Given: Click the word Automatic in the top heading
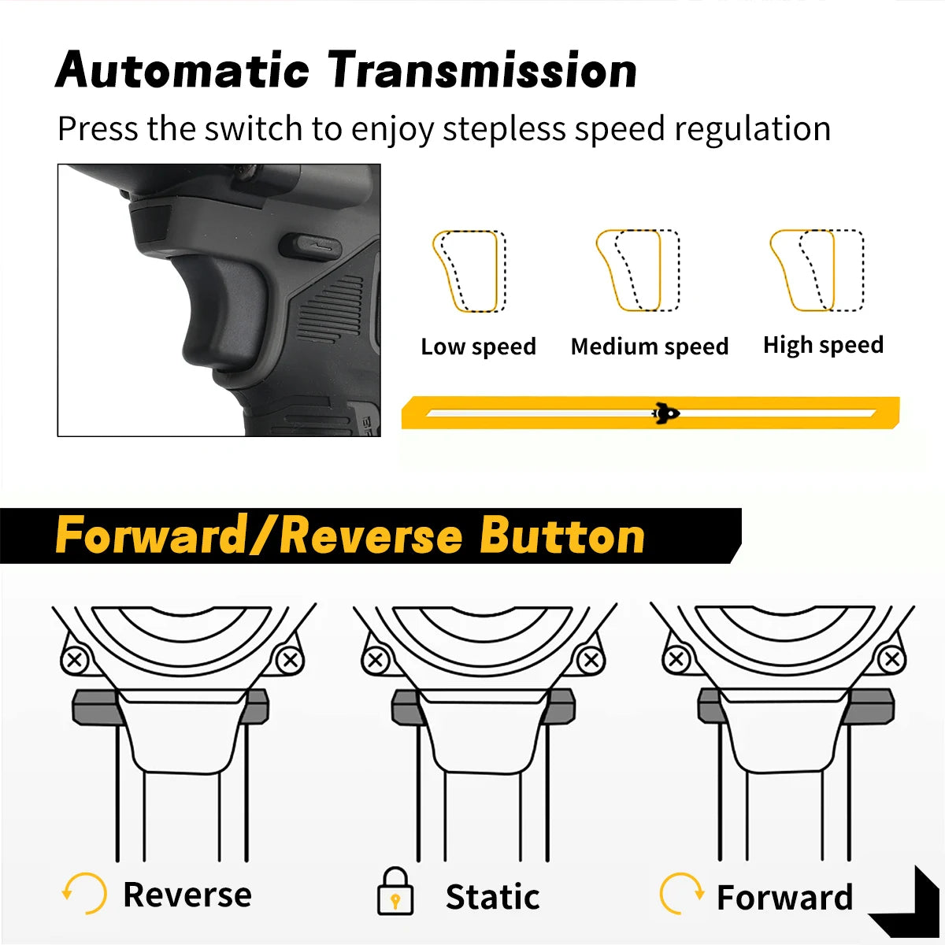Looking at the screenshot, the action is pos(183,69).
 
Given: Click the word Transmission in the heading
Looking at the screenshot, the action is pos(483,69).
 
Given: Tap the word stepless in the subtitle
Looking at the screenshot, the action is pos(504,129).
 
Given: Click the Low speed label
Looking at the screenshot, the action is pos(478,346).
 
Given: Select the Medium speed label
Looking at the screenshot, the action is pos(650,346).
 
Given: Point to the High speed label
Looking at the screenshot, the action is pos(824,345).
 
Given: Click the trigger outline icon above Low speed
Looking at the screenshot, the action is pos(469,271).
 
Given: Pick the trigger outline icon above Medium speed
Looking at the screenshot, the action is pos(638,270).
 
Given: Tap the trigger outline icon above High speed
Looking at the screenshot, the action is pos(817,270).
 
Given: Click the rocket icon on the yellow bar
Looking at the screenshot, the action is pos(665,413).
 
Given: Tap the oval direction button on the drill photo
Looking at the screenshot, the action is pos(310,246).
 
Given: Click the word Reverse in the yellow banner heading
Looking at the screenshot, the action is pos(372,536).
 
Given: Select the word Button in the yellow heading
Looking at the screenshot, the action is pos(562,535).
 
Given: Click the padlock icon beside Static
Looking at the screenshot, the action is pos(395,891).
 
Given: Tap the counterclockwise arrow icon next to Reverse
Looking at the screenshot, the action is pos(84,893).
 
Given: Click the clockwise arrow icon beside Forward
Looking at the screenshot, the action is pos(682,893).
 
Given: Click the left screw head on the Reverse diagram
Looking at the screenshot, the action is pos(75,660).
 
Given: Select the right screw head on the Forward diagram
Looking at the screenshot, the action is pos(892,660).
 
